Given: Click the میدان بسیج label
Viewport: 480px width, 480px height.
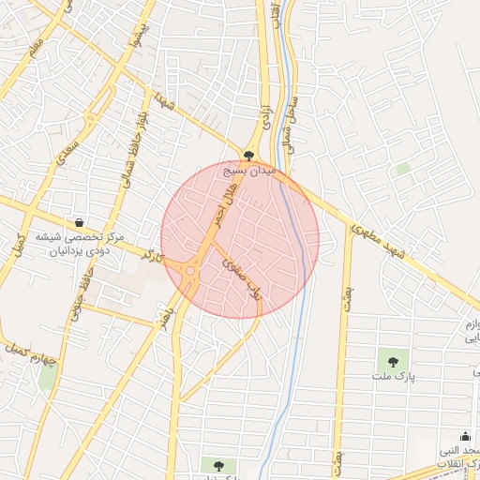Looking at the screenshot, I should coord(249,172).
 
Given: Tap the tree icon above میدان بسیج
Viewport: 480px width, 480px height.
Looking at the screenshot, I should coord(248,157).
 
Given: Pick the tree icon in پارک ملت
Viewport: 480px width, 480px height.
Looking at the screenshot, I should coord(392,360).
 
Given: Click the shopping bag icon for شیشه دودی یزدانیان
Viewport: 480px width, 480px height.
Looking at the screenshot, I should coord(79,223).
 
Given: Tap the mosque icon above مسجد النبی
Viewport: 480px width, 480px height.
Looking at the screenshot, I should coord(466,436).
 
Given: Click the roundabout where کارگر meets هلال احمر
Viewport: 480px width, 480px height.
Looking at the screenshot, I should coord(190,271).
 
